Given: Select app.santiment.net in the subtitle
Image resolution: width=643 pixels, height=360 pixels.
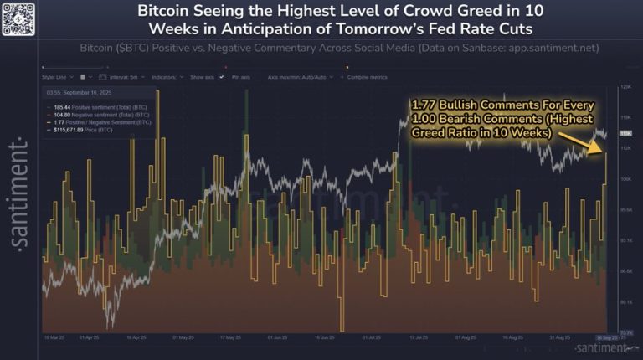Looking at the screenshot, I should tap(547, 48).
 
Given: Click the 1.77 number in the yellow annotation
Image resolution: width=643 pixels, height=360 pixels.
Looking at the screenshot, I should tap(424, 105).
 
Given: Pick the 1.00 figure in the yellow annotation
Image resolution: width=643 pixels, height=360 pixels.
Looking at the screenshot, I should tap(424, 119).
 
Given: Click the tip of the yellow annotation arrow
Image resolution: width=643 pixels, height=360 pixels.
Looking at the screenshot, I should tap(604, 152).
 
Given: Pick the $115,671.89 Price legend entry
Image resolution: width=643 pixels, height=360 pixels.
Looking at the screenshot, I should tap(76, 129).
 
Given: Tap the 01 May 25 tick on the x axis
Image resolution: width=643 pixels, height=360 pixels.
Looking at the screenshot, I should tap(180, 337).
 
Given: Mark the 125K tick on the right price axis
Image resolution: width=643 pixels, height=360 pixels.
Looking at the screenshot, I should tap(625, 86).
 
